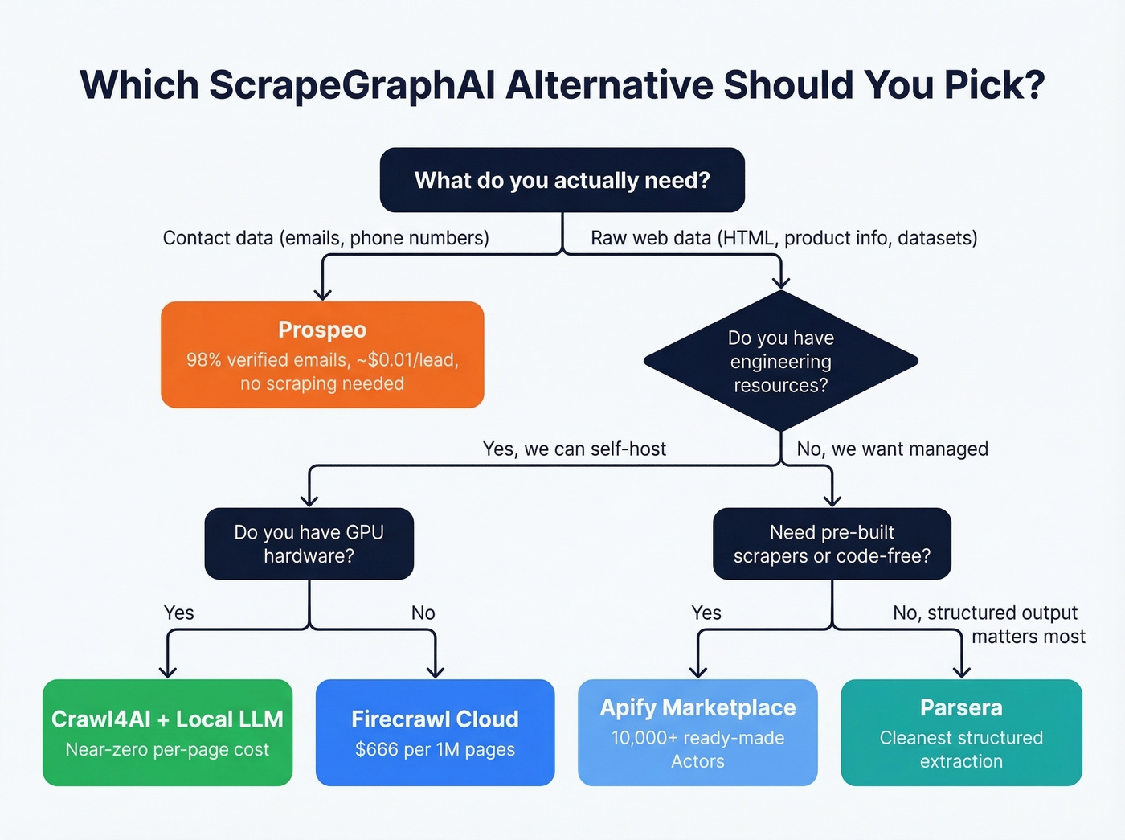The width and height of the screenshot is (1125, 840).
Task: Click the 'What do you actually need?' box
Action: (x=562, y=180)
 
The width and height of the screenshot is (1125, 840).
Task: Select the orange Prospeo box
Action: (x=322, y=354)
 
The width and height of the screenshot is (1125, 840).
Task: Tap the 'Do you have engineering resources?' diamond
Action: (x=780, y=361)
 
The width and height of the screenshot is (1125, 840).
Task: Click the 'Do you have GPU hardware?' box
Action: (x=309, y=543)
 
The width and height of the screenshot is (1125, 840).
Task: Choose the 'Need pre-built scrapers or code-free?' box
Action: (x=832, y=543)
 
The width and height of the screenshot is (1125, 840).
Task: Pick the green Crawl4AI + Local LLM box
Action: (x=167, y=732)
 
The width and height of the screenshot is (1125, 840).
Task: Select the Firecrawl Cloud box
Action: (x=435, y=732)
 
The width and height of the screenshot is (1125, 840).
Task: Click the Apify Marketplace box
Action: (x=697, y=732)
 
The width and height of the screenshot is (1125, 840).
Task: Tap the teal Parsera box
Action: (x=961, y=732)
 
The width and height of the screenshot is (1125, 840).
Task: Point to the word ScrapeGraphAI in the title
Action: (x=352, y=85)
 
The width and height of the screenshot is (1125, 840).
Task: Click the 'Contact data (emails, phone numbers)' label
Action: (x=325, y=238)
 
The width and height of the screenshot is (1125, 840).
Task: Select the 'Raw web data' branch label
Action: (x=783, y=238)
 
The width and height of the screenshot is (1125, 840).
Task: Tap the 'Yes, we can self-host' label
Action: (x=574, y=449)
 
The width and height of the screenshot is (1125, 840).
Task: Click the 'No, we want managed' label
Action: (x=892, y=449)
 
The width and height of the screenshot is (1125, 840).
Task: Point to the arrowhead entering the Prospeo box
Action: (x=322, y=294)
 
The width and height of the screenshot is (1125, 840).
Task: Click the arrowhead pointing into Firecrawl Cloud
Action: (x=435, y=672)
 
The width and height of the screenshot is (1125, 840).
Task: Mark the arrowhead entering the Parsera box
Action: (x=961, y=672)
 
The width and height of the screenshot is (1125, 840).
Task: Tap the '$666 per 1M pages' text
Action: (x=435, y=749)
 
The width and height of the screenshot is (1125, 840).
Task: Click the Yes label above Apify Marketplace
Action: (x=706, y=613)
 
